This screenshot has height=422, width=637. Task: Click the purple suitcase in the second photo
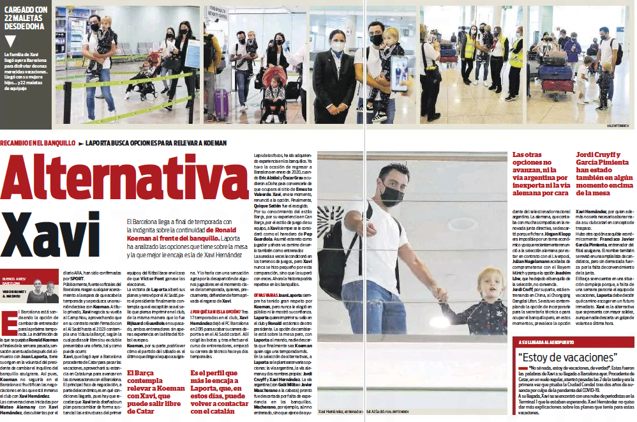221,104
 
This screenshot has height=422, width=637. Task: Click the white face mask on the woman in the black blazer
337,46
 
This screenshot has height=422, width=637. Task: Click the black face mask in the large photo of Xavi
392,195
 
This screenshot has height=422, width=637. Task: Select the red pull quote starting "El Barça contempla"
154,391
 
